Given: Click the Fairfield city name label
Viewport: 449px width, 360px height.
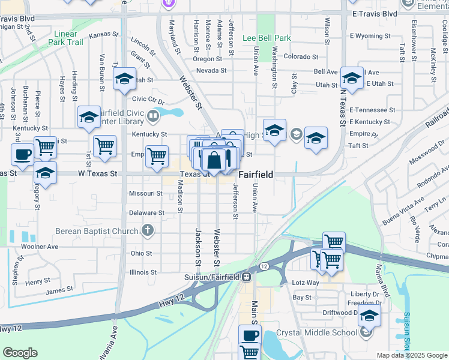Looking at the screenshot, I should pos(256,175).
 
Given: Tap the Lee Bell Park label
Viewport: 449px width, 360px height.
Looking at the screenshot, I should pos(267,38).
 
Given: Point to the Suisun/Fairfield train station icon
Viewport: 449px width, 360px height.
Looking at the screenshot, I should pos(246,277).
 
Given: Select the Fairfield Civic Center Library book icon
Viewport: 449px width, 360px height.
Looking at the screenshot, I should pos(155,113).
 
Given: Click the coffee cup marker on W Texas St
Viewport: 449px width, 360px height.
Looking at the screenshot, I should pos(23,154).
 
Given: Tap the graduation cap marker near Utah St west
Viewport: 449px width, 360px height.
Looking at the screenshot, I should pos(124,79).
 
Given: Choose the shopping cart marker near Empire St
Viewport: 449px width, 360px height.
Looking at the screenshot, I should pos(157,155).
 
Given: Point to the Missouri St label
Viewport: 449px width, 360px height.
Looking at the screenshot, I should pos(146,194).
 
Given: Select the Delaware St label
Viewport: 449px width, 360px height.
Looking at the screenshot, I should pos(146,213).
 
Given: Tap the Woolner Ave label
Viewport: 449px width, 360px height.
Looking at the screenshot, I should pos(39,246).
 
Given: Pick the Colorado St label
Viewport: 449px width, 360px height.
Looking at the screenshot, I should pos(301,56).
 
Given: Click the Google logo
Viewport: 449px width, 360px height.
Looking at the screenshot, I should pos(20,353).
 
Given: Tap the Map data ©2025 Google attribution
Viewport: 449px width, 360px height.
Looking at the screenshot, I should pos(412,355).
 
